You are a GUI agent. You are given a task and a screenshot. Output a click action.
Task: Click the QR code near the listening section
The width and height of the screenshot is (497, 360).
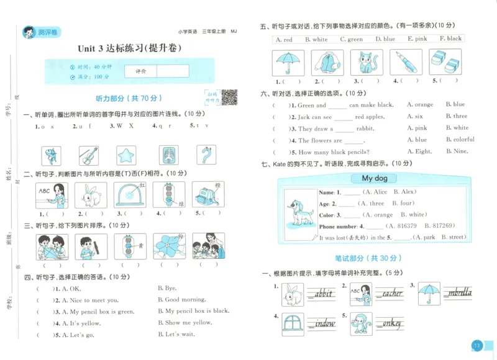click(x=230, y=97)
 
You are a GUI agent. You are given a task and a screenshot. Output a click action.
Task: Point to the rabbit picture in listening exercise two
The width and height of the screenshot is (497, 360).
click(x=91, y=195)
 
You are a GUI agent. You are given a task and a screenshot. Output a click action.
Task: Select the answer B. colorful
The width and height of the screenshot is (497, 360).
click(x=460, y=140)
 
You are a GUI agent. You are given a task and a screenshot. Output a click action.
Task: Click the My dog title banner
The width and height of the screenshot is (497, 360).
click(x=375, y=179)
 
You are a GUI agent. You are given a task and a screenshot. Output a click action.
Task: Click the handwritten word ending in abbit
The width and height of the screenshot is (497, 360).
click(x=321, y=294)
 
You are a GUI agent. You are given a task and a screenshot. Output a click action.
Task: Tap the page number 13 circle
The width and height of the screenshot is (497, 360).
click(x=477, y=346)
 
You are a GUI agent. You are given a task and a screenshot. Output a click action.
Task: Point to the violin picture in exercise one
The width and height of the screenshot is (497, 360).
click(x=89, y=155)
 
